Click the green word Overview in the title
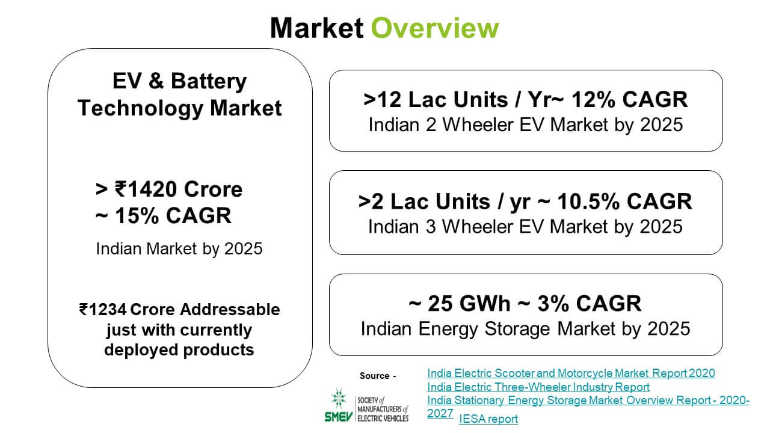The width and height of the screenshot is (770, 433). [x=435, y=28]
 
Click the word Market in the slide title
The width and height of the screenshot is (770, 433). [x=316, y=28]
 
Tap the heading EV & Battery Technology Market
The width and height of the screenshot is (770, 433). [x=179, y=94]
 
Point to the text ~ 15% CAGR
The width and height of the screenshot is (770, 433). [x=163, y=215]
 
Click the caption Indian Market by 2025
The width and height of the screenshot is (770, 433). [x=179, y=248]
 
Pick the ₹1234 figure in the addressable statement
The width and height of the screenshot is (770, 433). [x=103, y=309]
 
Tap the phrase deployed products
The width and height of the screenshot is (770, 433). [x=179, y=350]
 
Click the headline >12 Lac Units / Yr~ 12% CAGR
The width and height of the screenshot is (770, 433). [x=526, y=100]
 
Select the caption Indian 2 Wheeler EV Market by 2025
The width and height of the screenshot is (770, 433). [x=526, y=124]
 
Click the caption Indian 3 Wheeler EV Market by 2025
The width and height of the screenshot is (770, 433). [x=525, y=227]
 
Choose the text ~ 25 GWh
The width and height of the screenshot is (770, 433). [x=459, y=304]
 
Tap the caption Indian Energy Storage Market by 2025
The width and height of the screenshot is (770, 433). [x=525, y=329]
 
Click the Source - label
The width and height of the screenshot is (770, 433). [x=378, y=376]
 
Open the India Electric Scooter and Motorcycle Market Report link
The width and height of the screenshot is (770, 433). [x=571, y=373]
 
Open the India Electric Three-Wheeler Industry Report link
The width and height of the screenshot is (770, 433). [x=538, y=387]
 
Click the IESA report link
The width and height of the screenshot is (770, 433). [x=488, y=419]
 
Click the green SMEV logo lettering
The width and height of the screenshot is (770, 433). [x=339, y=417]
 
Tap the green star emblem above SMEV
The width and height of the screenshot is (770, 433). [x=339, y=399]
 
